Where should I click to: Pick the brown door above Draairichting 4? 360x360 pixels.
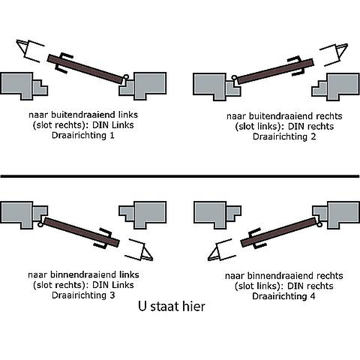pyautogui.click(x=277, y=232)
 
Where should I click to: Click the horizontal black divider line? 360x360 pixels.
pyautogui.click(x=180, y=176)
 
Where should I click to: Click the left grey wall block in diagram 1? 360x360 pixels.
pyautogui.click(x=23, y=84)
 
